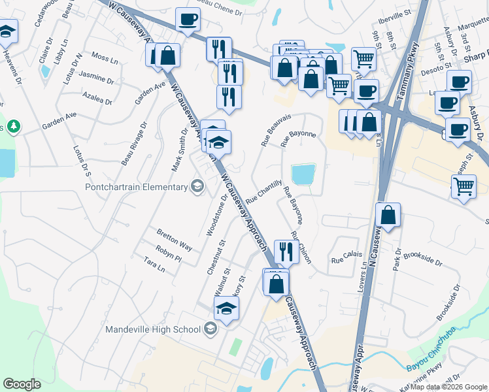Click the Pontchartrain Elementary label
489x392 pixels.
click(x=137, y=188)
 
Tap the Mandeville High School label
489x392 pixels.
click(x=152, y=329)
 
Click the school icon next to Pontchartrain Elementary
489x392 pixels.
click(x=197, y=188)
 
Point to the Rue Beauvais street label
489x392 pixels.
click(x=275, y=130)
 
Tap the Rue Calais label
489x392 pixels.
click(x=346, y=260)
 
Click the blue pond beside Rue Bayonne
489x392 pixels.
click(x=303, y=174)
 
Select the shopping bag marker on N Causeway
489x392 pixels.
click(x=388, y=216)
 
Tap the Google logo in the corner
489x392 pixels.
click(x=22, y=384)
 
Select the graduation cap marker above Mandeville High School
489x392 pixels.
click(x=226, y=309)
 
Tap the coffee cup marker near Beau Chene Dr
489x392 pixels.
click(x=188, y=20)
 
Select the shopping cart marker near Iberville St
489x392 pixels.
click(x=363, y=59)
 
